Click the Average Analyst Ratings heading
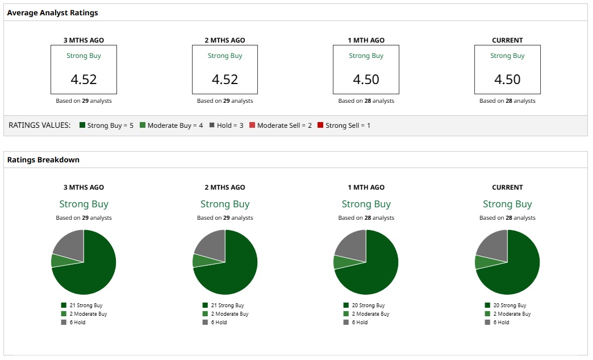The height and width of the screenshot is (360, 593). point(52,12)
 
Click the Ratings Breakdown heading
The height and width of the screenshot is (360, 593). point(43,160)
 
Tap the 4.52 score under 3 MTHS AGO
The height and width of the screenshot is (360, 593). point(83,79)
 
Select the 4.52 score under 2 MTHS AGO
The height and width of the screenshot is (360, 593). point(225,79)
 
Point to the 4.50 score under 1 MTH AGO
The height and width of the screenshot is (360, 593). point(366,79)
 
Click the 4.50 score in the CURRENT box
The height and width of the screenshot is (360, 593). point(507,79)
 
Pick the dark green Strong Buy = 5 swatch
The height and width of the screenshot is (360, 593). point(82,125)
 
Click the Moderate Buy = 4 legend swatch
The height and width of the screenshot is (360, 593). point(143,125)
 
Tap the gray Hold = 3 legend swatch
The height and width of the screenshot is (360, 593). point(212,125)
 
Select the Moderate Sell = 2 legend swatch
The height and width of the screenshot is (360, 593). point(252,125)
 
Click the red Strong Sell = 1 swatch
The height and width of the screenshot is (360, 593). point(320,125)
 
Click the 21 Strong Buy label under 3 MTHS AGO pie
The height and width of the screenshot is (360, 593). point(85,305)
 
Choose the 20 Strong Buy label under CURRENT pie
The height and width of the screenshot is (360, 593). point(509,305)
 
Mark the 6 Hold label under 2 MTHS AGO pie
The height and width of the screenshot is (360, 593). point(219,323)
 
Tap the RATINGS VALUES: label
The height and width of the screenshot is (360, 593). point(40,125)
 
